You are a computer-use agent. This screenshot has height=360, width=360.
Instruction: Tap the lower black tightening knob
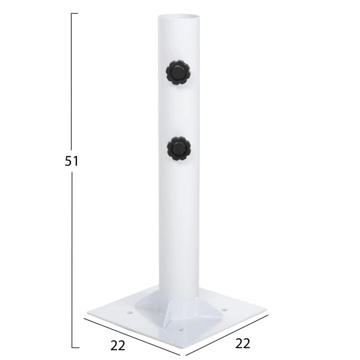point(179,148)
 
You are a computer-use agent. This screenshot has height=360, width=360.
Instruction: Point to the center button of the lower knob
point(178,148)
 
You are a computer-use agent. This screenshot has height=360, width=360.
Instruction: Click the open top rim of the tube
point(178,17)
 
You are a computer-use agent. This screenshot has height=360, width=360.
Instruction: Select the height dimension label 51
point(72,161)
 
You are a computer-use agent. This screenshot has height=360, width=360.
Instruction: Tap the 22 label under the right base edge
point(242,343)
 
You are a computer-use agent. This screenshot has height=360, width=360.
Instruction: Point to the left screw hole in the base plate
point(130,312)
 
